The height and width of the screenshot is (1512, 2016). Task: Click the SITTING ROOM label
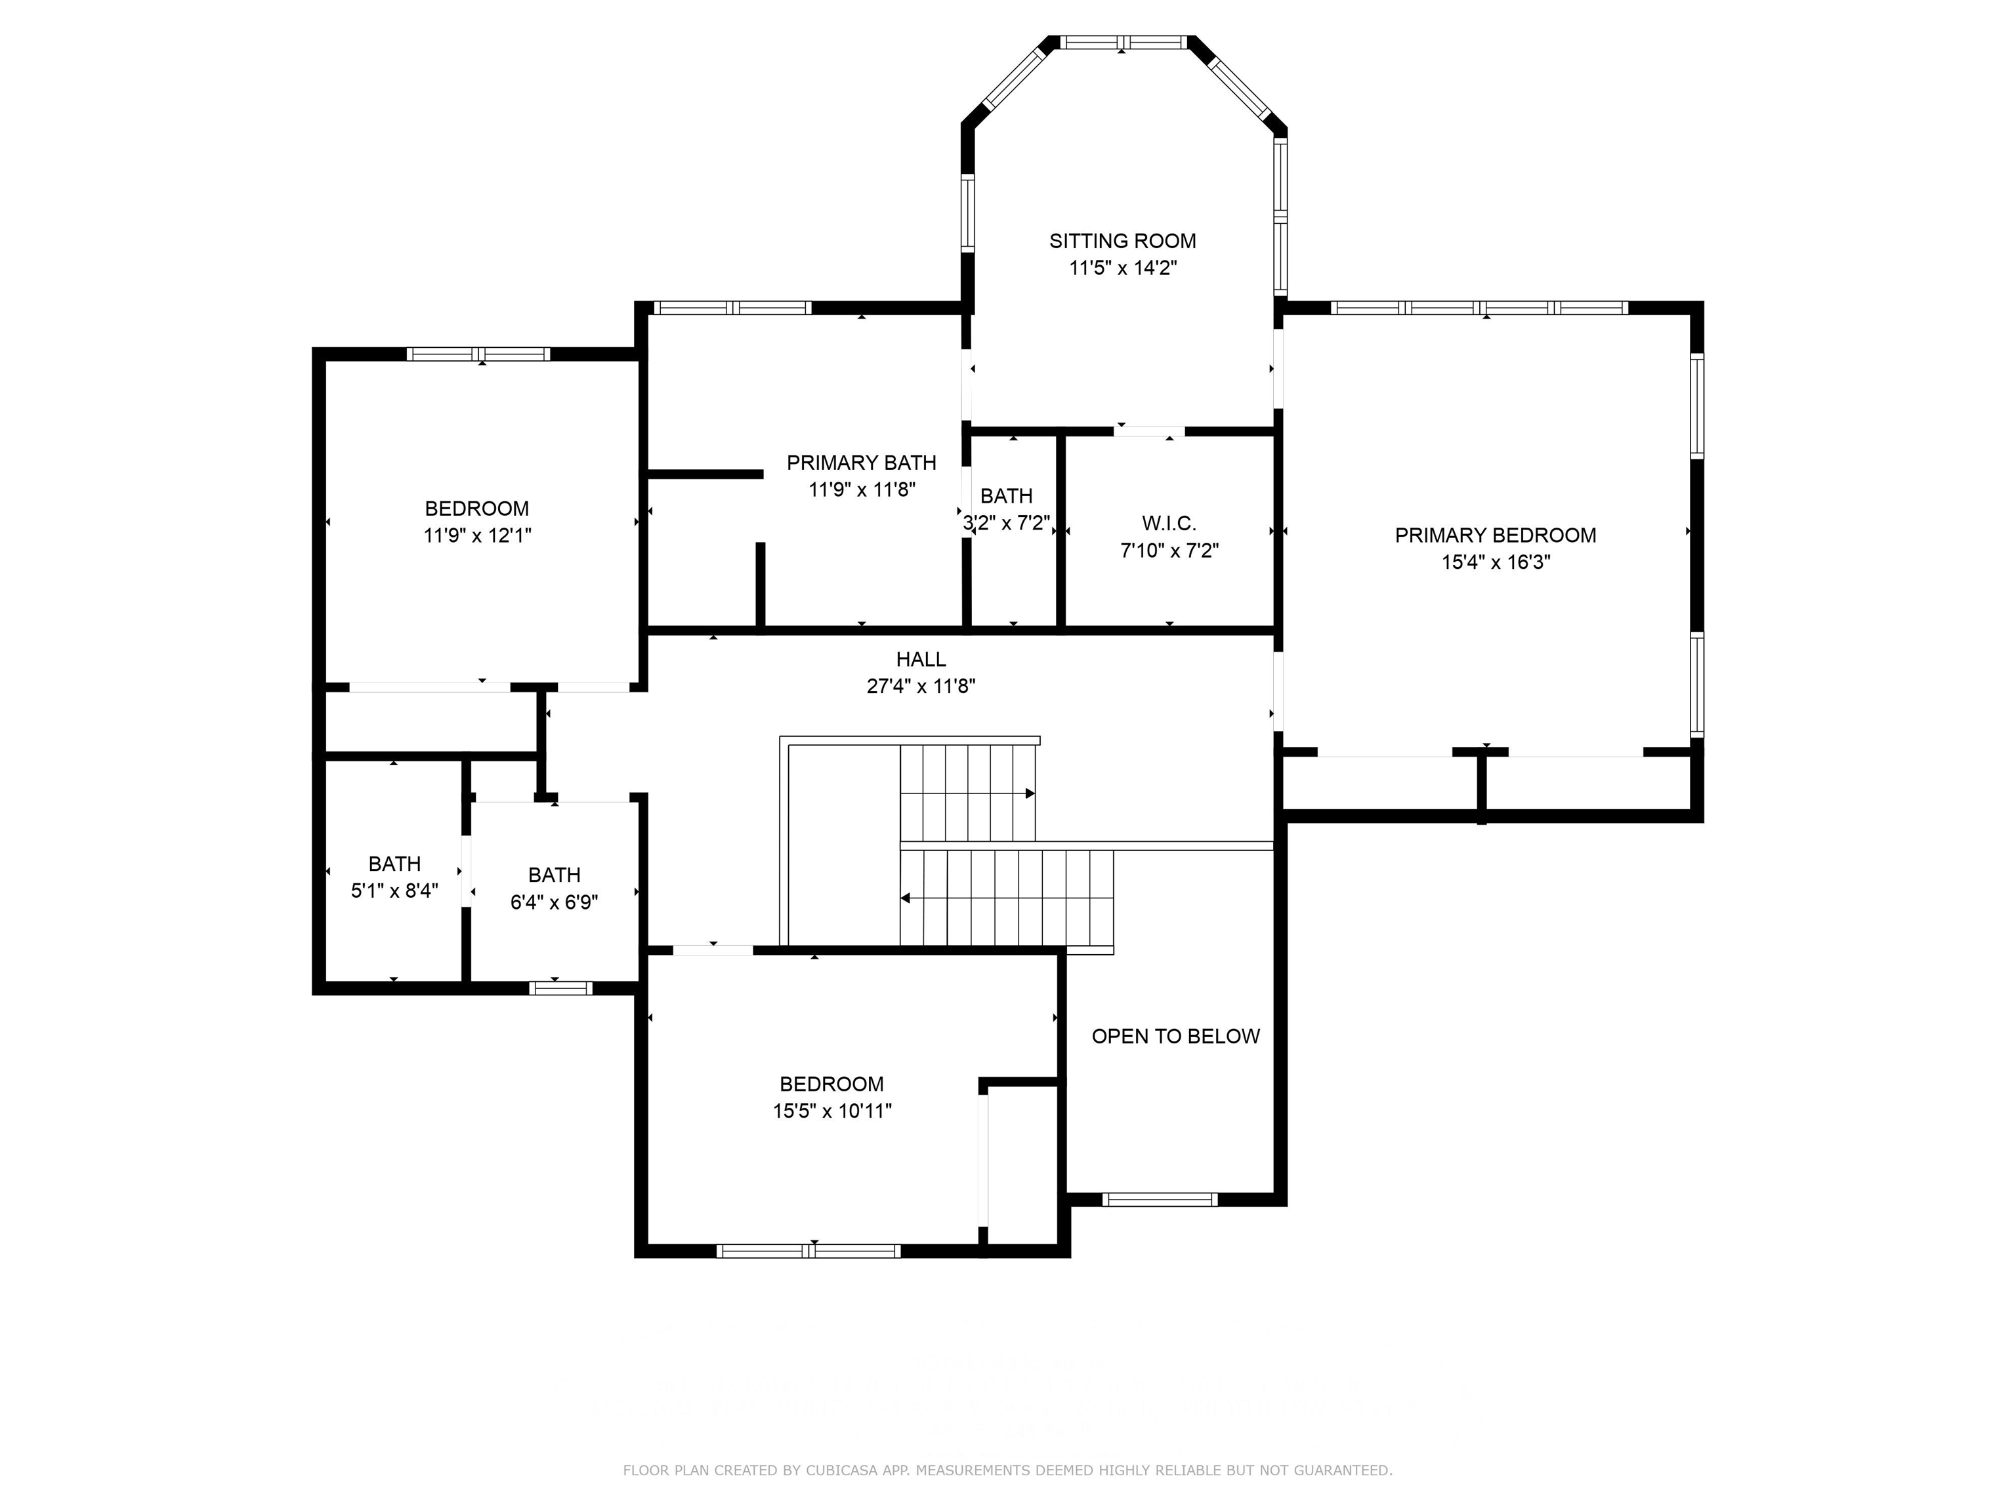[1122, 241]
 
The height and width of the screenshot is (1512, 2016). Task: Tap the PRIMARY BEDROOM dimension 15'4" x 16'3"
[1495, 562]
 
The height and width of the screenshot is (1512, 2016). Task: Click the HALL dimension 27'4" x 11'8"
[921, 686]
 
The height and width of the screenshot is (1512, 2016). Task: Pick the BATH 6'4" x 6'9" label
[554, 875]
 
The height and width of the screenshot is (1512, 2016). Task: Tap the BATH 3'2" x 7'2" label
[1006, 497]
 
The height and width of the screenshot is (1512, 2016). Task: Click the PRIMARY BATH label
[861, 463]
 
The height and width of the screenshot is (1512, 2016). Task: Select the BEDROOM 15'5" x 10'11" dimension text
[831, 1111]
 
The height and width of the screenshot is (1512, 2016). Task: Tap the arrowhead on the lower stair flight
[906, 898]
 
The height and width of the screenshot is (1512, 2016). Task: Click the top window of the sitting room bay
[1123, 42]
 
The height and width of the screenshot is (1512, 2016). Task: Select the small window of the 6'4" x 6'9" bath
[560, 988]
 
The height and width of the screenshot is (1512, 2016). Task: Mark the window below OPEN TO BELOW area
[1160, 1200]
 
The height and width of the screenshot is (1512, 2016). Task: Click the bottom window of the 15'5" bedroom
[808, 1251]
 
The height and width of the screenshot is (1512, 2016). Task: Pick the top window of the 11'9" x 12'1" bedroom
[478, 354]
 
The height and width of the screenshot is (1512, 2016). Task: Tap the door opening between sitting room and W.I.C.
[1148, 431]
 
